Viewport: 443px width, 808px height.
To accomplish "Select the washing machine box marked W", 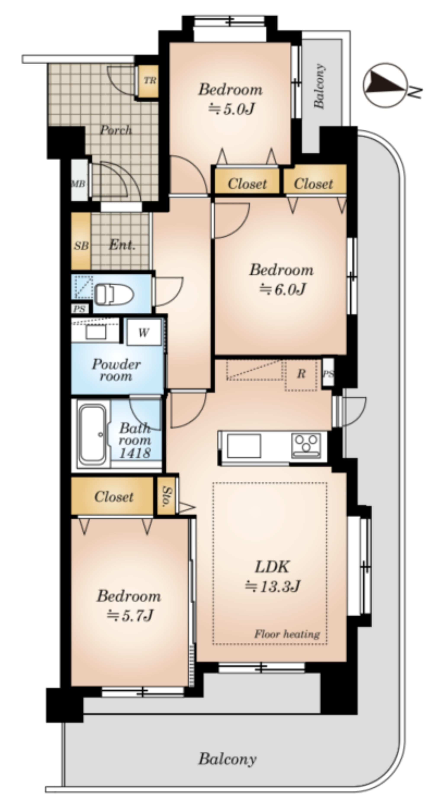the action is click(x=144, y=332).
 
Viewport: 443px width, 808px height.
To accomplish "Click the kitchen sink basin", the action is click(x=244, y=446).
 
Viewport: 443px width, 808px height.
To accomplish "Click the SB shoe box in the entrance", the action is click(x=81, y=245).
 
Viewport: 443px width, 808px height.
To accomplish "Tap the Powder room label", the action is click(x=116, y=370).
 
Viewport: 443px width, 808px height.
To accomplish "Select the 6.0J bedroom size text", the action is click(x=282, y=289).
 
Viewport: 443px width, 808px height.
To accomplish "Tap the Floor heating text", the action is click(x=287, y=634).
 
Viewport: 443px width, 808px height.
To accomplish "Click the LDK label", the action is click(x=272, y=566).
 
